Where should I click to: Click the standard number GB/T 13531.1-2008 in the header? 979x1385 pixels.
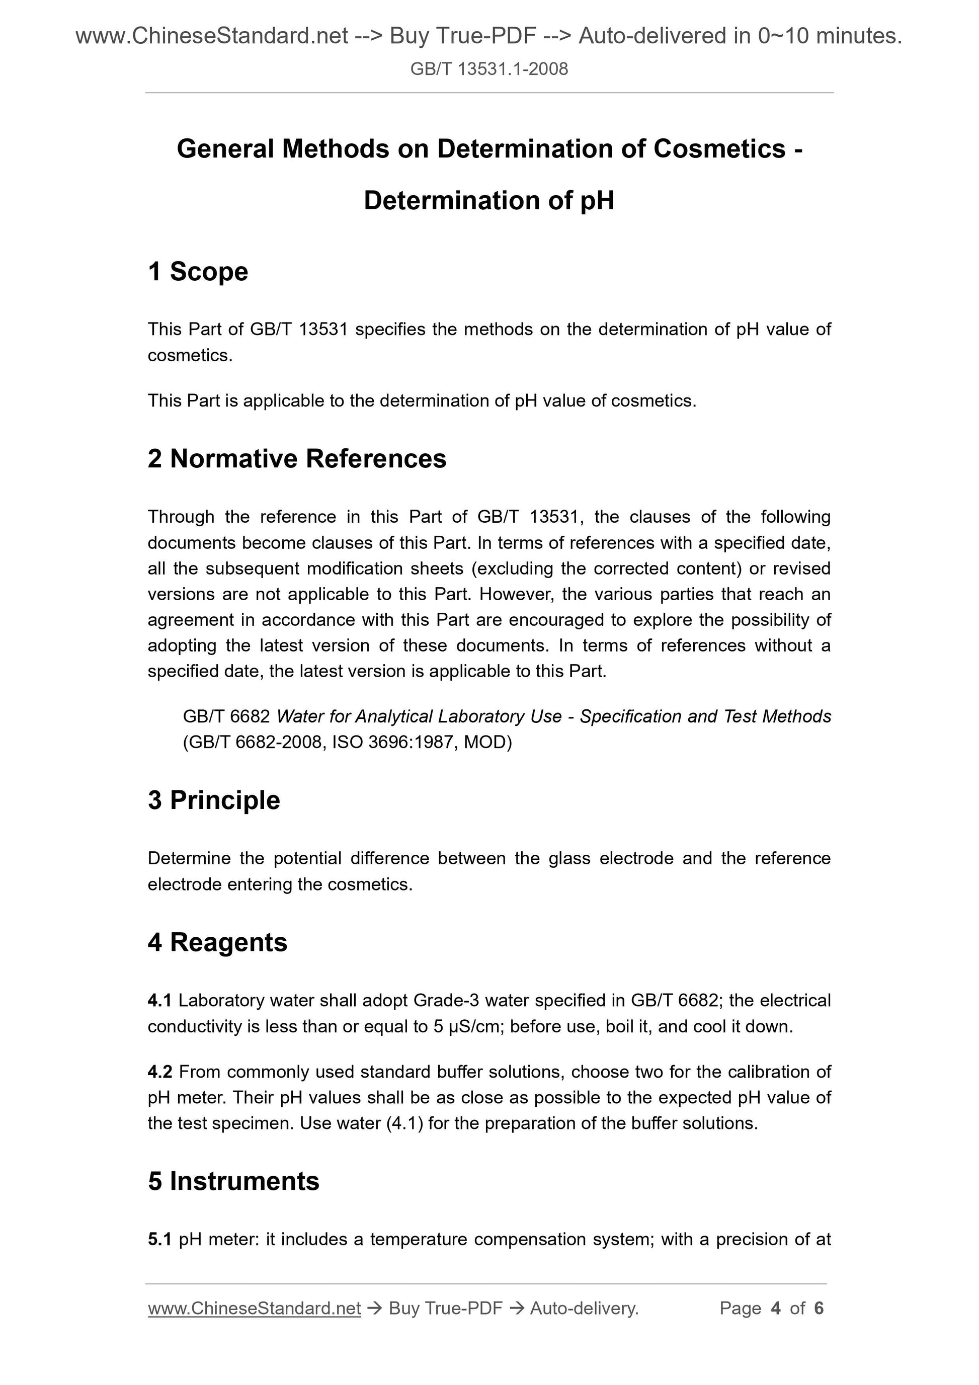click(x=488, y=69)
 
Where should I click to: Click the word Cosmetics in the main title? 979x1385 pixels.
click(x=719, y=149)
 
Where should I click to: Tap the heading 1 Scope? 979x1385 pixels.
click(x=198, y=272)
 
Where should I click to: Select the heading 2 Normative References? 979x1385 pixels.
click(x=297, y=458)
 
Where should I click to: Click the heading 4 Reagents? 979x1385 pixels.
click(x=217, y=942)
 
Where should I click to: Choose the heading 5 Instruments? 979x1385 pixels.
click(x=233, y=1181)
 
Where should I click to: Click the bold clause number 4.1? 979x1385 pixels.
click(x=159, y=1001)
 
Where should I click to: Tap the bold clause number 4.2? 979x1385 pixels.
click(x=160, y=1072)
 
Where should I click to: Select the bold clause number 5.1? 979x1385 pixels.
click(x=159, y=1240)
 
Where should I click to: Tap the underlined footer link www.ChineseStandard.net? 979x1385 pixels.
click(x=254, y=1309)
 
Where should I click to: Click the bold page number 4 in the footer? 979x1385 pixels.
click(x=776, y=1309)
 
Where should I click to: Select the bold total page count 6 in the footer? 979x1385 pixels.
click(x=819, y=1309)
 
